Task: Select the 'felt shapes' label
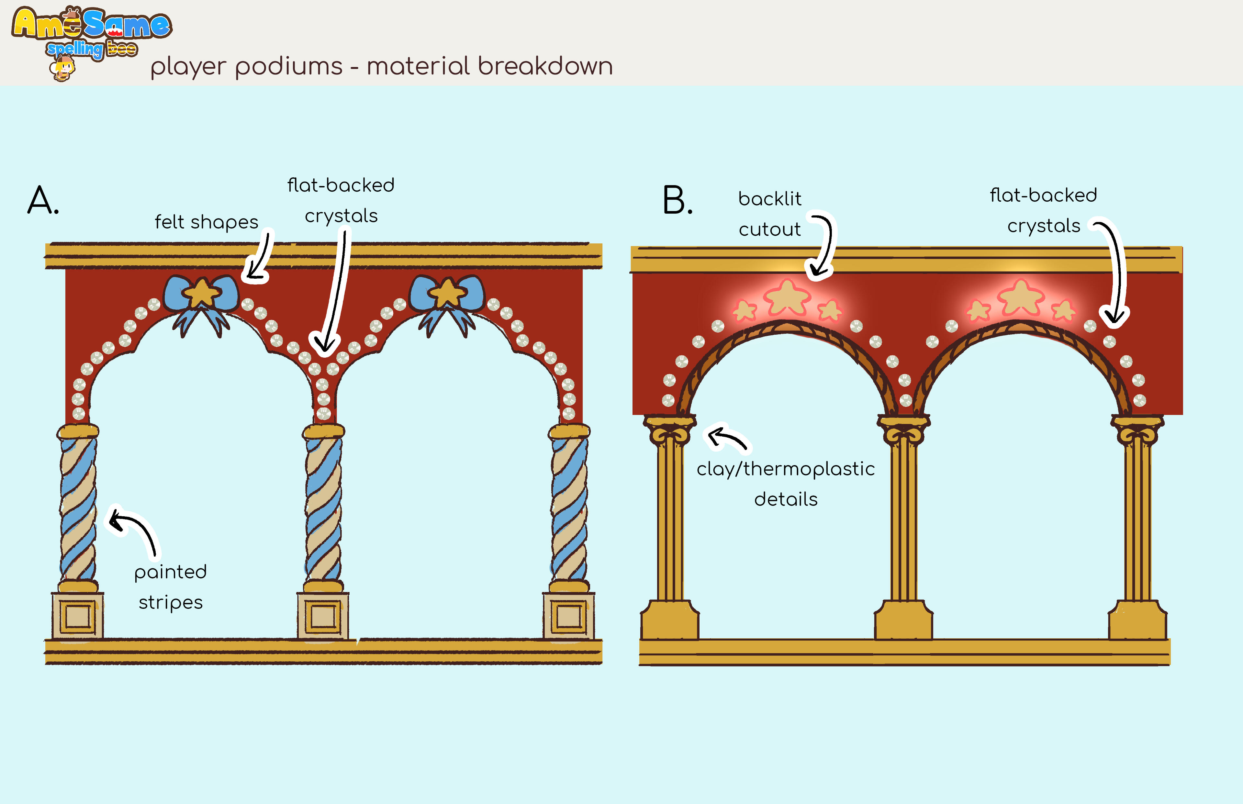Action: (206, 222)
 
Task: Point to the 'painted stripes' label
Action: (170, 587)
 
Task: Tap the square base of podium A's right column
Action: (568, 616)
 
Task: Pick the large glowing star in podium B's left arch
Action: (787, 297)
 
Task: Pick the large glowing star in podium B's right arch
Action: (1021, 297)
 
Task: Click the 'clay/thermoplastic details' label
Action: (786, 484)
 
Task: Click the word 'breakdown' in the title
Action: (545, 67)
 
